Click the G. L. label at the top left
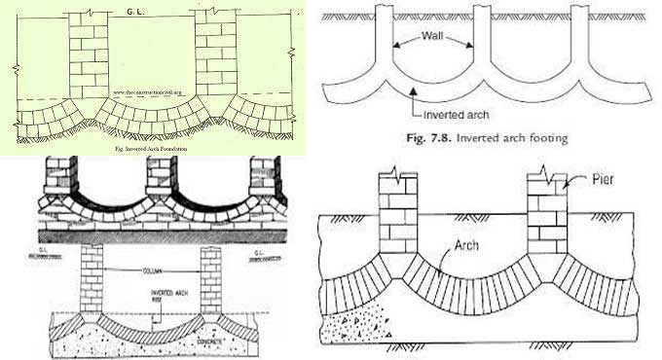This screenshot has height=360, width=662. click(135, 11)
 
